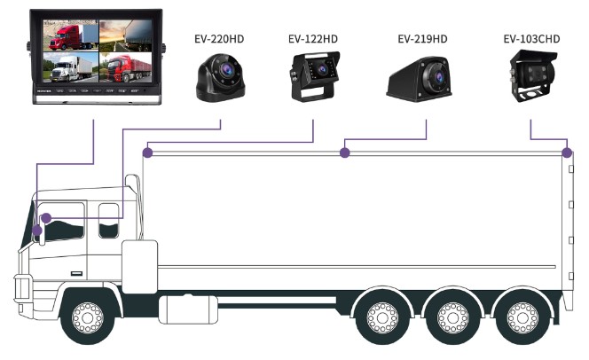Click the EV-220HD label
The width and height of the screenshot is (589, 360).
tap(219, 38)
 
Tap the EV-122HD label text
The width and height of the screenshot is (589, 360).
tap(312, 38)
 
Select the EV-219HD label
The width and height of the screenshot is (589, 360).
tap(422, 38)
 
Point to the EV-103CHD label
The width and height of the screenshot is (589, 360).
tap(530, 38)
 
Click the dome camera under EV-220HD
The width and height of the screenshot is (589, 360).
tap(219, 77)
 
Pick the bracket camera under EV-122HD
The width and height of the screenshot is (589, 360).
tap(312, 75)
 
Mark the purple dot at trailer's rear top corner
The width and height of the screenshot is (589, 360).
tap(567, 153)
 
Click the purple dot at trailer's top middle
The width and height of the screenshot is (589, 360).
tap(345, 153)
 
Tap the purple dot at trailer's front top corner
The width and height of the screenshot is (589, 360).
tap(148, 153)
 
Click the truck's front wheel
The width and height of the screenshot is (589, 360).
tap(87, 315)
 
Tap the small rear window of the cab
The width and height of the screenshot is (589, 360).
tap(108, 220)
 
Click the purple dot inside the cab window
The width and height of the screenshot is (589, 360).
tap(47, 217)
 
